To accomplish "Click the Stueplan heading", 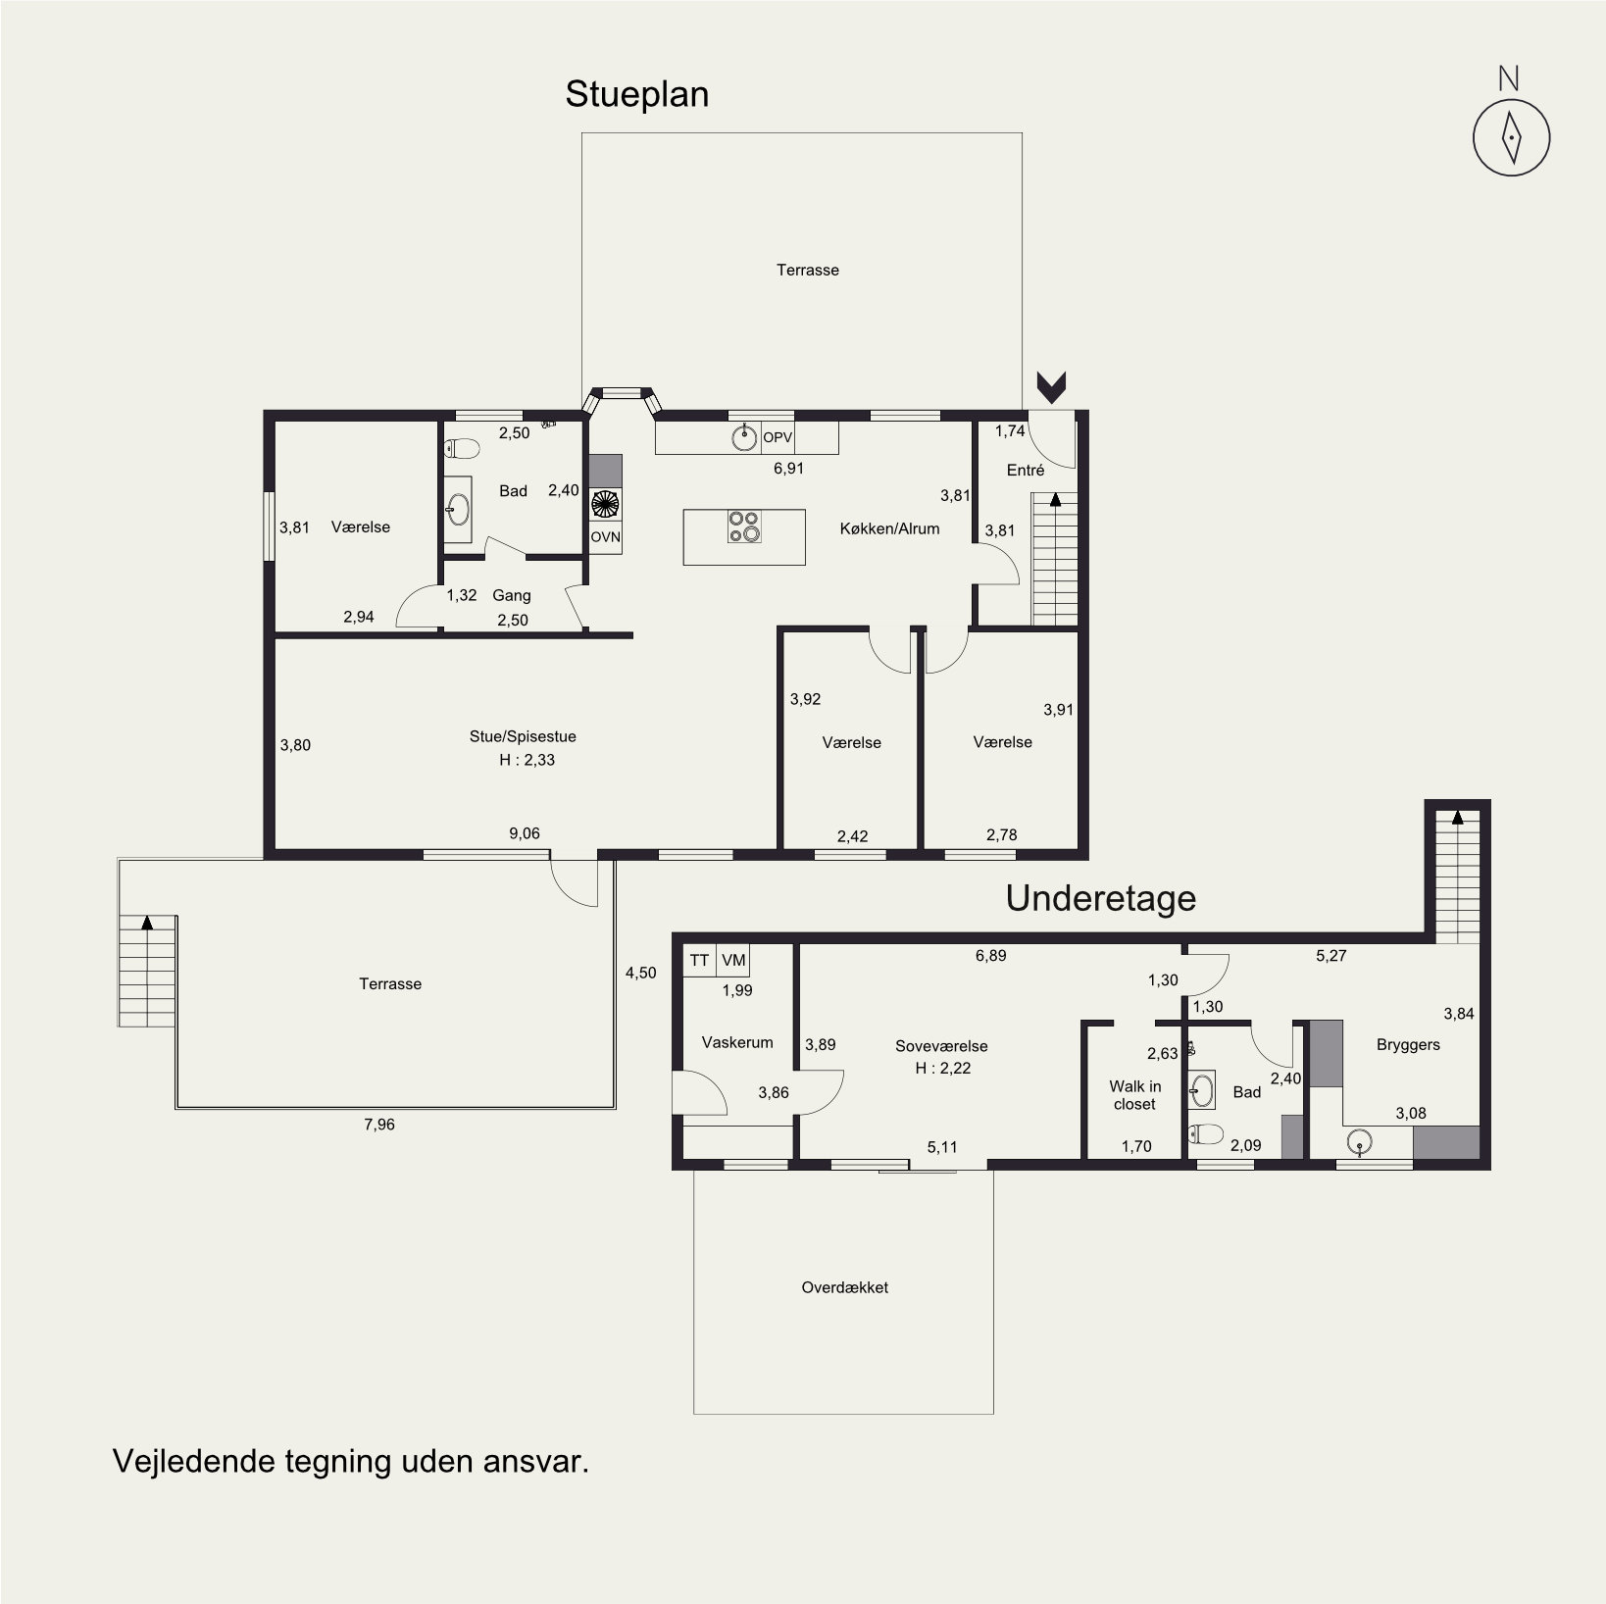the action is (636, 95).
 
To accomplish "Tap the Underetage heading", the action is (1101, 898).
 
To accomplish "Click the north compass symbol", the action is (1511, 138).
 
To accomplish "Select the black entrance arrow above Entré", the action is (1052, 388).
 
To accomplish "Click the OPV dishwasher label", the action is (778, 437).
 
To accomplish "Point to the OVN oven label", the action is (606, 537).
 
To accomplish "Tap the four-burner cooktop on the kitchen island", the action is (744, 526).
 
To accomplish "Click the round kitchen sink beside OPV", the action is (745, 437).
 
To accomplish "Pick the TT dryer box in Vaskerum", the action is (699, 961).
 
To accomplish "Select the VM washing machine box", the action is (733, 961).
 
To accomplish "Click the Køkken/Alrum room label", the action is (889, 528).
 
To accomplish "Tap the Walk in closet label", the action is (1134, 1095).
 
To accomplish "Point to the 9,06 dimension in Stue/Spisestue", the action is (524, 834).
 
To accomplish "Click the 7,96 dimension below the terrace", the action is (379, 1125).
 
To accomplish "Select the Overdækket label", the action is (844, 1287).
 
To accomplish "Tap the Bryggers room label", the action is (1408, 1045).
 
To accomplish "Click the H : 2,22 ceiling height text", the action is (942, 1069).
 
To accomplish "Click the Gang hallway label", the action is (512, 596).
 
